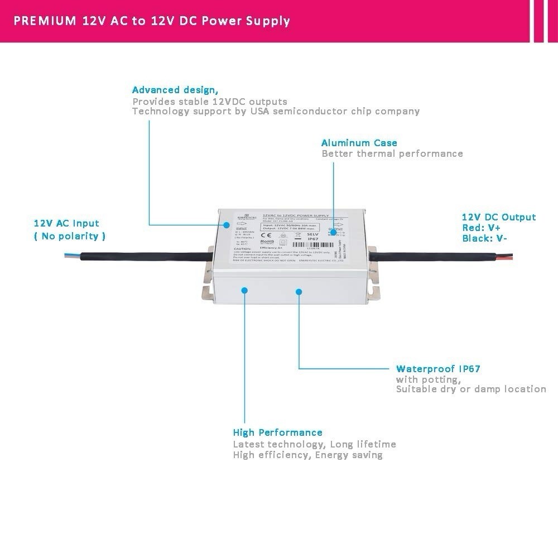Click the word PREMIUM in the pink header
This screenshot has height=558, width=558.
pos(45,21)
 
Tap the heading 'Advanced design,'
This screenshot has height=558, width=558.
pos(175,90)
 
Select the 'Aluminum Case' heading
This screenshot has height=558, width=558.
pos(359,143)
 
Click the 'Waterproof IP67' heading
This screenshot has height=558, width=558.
pos(438,369)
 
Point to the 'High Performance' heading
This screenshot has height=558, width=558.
pos(277,432)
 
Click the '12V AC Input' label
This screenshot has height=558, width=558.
pos(66,223)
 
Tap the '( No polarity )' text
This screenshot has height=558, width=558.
pos(70,236)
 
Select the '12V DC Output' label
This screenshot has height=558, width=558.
pos(498,217)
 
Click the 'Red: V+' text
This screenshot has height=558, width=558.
pos(481,228)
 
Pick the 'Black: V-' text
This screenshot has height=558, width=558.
pos(484,238)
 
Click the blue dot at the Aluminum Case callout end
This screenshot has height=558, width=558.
pos(334,233)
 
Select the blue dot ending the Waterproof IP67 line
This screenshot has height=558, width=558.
pos(299,291)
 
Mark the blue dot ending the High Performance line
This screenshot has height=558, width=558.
pos(244,290)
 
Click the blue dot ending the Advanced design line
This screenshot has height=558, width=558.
pos(227,225)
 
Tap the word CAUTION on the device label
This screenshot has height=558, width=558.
pos(242,248)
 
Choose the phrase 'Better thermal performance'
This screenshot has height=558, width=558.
pos(392,153)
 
